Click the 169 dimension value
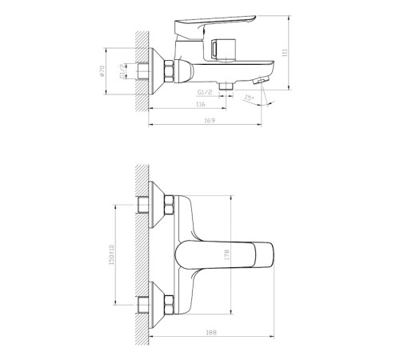pyautogui.click(x=210, y=121)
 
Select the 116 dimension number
pyautogui.click(x=201, y=104)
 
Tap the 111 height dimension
pyautogui.click(x=285, y=53)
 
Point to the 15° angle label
pyautogui.click(x=249, y=98)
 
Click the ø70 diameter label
pyautogui.click(x=102, y=71)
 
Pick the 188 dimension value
pyautogui.click(x=211, y=332)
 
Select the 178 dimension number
pyautogui.click(x=227, y=255)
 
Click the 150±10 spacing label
pyautogui.click(x=111, y=254)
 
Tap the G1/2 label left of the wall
pyautogui.click(x=122, y=71)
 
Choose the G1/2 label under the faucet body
pyautogui.click(x=205, y=92)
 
